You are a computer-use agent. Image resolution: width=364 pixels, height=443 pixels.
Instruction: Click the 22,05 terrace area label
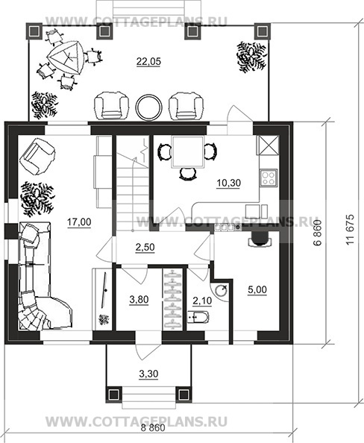click(148, 61)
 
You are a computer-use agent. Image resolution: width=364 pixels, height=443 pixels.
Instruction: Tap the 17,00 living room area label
click(79, 222)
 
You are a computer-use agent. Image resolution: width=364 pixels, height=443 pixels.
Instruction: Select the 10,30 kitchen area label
click(229, 183)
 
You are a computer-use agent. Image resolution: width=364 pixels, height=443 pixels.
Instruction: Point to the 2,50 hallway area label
click(145, 247)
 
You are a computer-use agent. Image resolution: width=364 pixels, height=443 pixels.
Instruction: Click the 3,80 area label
click(139, 300)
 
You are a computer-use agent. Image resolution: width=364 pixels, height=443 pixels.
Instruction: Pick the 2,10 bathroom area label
click(202, 301)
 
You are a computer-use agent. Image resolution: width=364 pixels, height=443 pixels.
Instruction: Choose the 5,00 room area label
click(257, 290)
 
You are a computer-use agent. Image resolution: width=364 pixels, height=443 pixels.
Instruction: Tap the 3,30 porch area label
click(148, 374)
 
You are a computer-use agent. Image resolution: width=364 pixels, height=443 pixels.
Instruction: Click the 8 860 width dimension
click(153, 428)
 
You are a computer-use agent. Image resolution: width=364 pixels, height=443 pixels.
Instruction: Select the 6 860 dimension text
click(318, 233)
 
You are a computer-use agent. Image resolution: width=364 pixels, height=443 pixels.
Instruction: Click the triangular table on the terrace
click(66, 58)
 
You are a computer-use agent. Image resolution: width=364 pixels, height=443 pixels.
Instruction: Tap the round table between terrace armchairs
click(149, 107)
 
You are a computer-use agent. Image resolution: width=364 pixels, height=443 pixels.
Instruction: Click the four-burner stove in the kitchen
click(269, 178)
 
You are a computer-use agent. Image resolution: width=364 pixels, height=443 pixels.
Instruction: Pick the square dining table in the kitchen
click(188, 152)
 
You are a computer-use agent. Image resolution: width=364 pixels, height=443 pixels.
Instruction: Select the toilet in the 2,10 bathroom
click(198, 317)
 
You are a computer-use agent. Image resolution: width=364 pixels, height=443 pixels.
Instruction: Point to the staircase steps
click(133, 192)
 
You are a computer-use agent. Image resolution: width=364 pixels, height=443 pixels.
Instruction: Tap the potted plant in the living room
click(37, 198)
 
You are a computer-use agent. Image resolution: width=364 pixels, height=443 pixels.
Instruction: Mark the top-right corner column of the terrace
click(262, 31)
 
